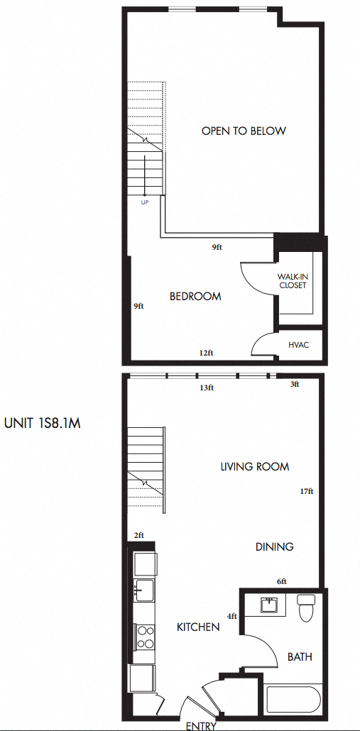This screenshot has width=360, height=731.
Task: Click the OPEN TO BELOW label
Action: click(244, 131)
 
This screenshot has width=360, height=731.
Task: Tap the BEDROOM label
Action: click(195, 297)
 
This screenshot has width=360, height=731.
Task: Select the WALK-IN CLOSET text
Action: click(292, 281)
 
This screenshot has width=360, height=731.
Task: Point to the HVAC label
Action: click(298, 345)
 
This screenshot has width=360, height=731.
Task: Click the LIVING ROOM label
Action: click(255, 466)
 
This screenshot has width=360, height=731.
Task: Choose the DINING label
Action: click(275, 546)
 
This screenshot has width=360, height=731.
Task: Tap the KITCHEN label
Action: click(198, 627)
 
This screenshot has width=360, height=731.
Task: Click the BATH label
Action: click(300, 657)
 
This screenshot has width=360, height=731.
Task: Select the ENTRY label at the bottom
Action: click(201, 726)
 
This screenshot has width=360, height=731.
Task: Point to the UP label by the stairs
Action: click(145, 202)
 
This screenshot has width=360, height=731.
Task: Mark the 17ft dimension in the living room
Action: click(307, 490)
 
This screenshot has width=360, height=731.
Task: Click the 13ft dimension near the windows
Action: click(207, 388)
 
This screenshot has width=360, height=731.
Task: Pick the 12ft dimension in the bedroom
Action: click(207, 353)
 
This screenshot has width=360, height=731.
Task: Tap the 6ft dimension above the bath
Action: click(281, 581)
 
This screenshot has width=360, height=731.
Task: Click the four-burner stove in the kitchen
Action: click(145, 636)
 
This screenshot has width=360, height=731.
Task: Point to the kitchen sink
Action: click(144, 588)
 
